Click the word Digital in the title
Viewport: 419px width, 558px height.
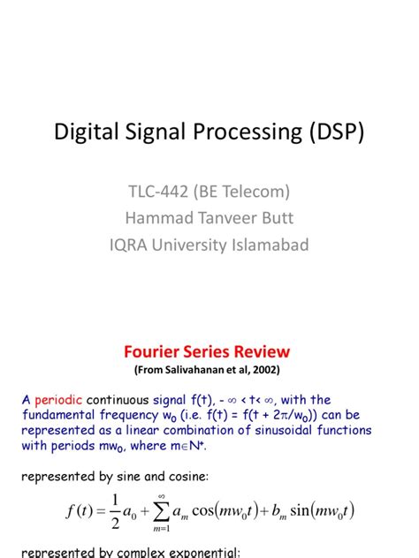pos(86,132)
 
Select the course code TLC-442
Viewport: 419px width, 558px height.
pos(158,192)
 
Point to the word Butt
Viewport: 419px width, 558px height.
pos(278,218)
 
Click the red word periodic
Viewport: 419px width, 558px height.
pos(58,400)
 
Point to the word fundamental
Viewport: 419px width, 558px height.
pos(58,415)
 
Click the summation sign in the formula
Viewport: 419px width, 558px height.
pos(162,512)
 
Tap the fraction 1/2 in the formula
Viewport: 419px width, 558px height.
pos(115,511)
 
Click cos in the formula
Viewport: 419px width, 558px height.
pos(203,511)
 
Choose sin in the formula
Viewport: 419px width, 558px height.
pos(301,510)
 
